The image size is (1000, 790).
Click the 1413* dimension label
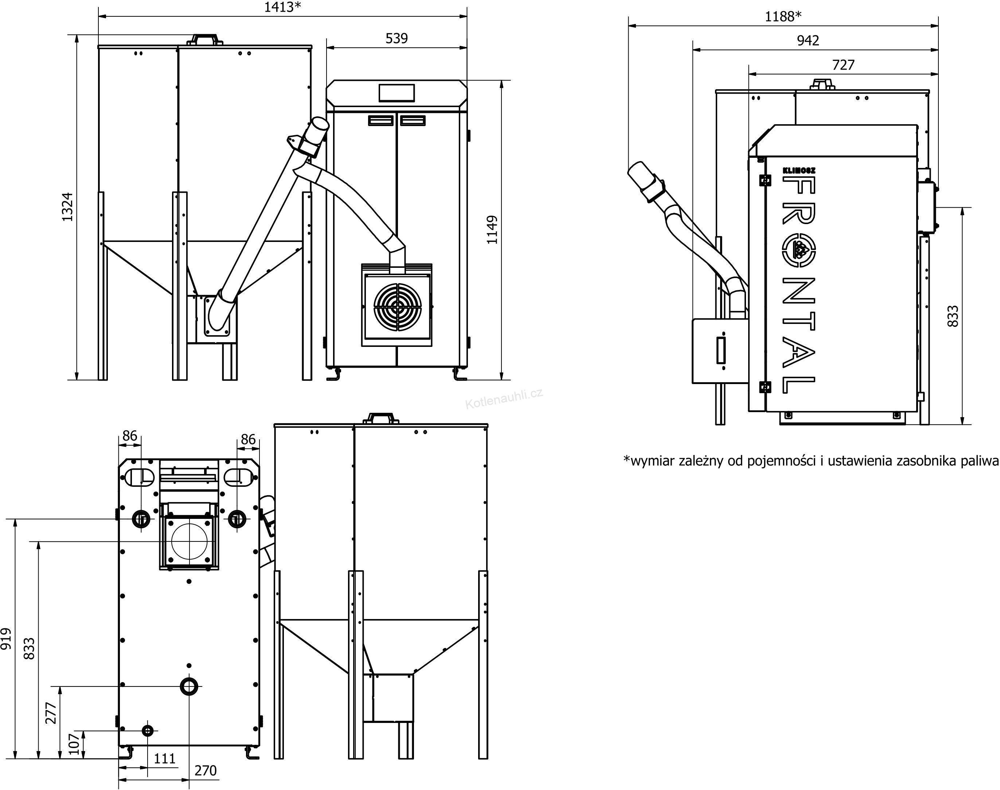coord(282,7)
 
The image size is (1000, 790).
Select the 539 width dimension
coord(397,38)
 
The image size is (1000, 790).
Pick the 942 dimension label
coord(808,41)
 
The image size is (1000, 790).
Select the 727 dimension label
coord(843,65)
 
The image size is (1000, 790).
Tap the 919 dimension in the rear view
coord(6,639)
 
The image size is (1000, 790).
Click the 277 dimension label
coord(51,713)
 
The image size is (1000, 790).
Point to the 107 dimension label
coord(74,744)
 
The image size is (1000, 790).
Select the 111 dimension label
coord(165,759)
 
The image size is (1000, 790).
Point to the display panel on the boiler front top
coord(397,93)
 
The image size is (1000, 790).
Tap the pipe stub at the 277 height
coord(189,687)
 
